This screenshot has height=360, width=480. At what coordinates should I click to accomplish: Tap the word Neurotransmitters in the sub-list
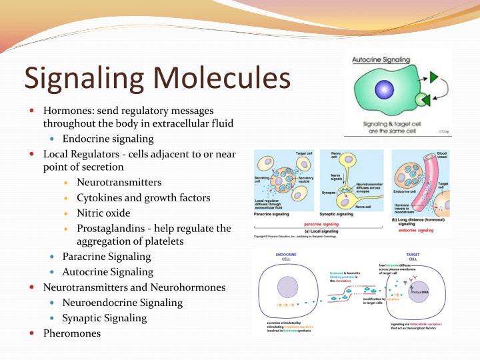(119, 182)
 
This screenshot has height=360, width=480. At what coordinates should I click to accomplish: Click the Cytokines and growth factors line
(143, 197)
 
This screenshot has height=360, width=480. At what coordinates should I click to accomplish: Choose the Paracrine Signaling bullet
(107, 256)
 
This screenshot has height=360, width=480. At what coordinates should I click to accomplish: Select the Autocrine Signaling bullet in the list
(107, 271)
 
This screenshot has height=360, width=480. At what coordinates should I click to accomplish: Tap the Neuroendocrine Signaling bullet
(122, 302)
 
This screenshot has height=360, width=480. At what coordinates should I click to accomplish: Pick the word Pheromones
(72, 333)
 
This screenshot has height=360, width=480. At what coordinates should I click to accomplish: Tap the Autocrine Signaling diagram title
(379, 60)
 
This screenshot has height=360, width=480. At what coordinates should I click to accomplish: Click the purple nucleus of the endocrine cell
(287, 287)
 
